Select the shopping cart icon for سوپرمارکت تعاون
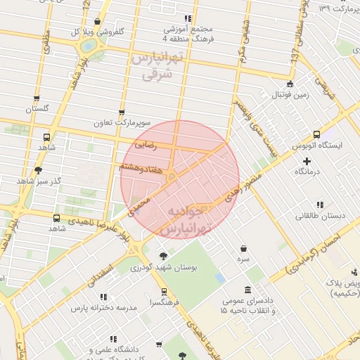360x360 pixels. point(122,112)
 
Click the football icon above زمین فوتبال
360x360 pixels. point(281,83)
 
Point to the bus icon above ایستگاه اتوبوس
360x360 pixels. point(317,134)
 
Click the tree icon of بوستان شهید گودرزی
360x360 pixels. point(163,256)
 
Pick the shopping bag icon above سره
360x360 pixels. point(243,248)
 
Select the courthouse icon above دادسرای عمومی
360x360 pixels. point(247,289)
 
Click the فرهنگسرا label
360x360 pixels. point(164,302)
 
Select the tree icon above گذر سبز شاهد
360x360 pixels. point(38,169)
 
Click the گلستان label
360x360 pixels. point(39,109)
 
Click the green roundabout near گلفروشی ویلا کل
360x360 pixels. point(89,46)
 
